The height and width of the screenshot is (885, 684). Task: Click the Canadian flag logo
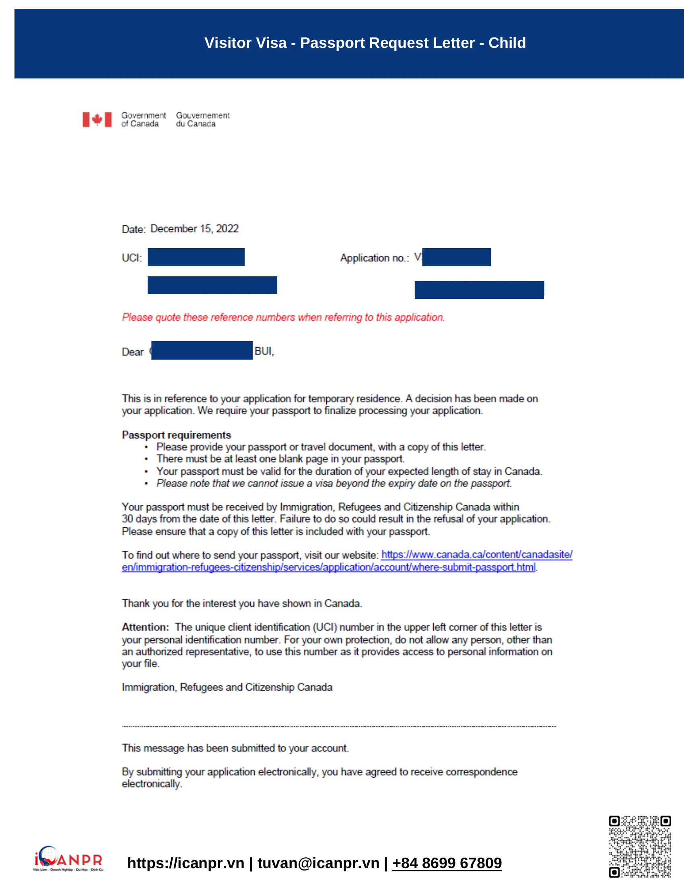97,119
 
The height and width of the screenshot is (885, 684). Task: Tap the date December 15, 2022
194,229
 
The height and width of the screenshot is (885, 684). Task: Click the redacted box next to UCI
196,257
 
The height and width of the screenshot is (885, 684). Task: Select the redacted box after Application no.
456,257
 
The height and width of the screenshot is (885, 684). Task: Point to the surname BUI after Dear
264,351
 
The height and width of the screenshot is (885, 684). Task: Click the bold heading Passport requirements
176,435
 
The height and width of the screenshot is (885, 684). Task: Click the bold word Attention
145,627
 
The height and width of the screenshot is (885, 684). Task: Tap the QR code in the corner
639,846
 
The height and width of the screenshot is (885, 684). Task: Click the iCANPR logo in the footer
68,858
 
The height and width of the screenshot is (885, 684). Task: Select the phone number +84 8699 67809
447,863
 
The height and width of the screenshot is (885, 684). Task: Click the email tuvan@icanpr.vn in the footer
318,863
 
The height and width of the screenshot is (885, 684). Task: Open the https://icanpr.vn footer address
185,863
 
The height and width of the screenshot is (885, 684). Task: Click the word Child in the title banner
507,43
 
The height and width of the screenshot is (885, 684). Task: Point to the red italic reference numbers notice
283,317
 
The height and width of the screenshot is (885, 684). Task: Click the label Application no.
375,258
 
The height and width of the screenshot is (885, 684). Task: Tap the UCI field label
132,258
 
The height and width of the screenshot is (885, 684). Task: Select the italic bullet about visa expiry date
334,484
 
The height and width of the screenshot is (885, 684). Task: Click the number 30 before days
128,519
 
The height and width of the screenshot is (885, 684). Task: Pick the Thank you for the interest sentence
242,604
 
